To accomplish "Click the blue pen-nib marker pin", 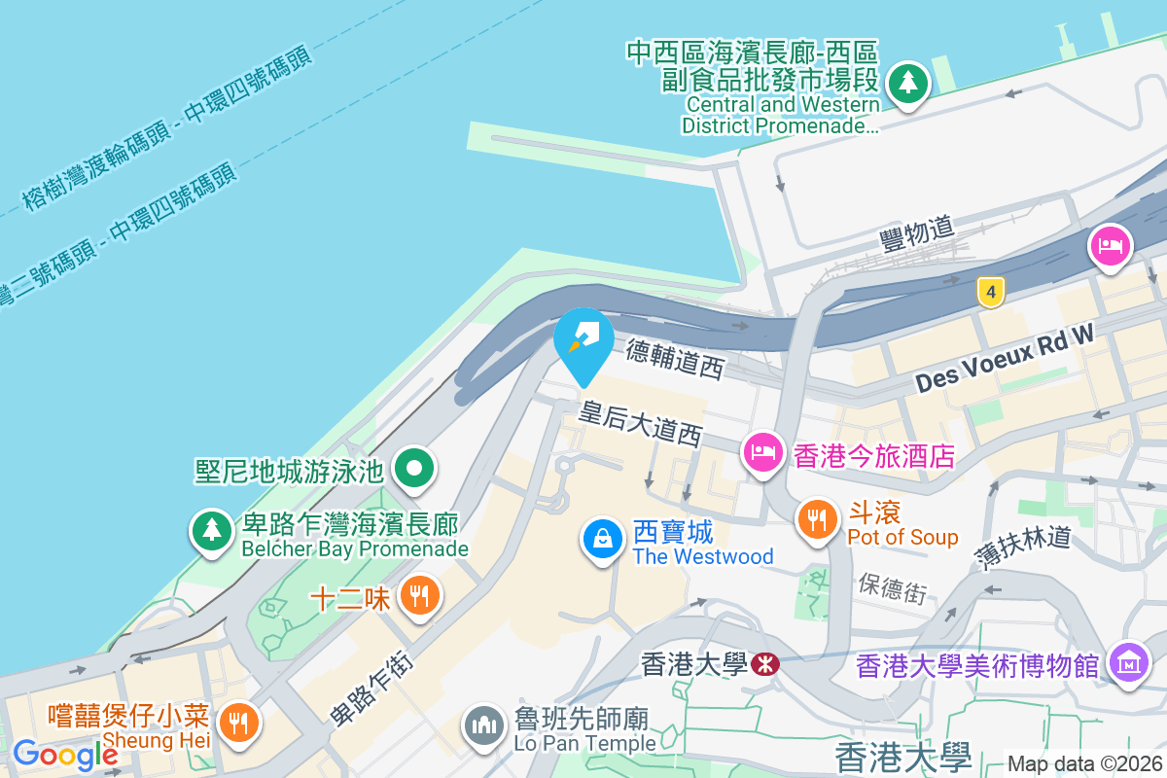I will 583,339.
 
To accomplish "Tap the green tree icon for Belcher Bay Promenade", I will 211,531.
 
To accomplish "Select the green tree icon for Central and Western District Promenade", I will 908,82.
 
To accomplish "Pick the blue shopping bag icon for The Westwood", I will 603,539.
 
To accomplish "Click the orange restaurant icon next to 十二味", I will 419,596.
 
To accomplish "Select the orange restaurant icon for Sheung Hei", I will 236,722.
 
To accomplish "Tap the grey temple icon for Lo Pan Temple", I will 483,725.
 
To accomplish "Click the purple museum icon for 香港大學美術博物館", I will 1128,664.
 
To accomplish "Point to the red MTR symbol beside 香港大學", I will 763,665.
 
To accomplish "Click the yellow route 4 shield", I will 990,291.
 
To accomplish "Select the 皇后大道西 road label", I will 640,423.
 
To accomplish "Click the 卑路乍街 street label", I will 372,687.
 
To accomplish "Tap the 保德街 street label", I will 892,586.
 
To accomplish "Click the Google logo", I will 65,754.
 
